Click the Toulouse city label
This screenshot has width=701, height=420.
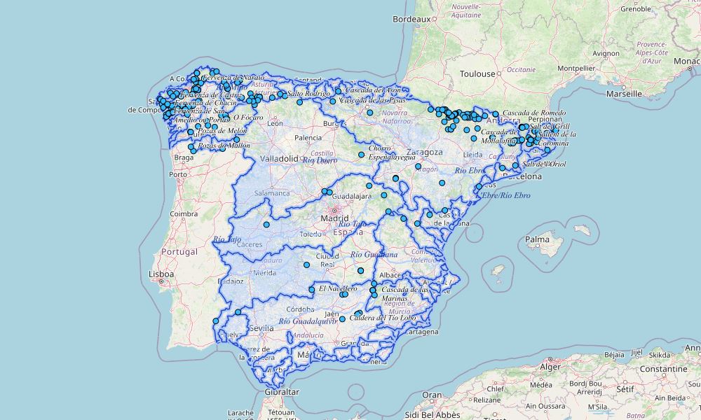point(477,73)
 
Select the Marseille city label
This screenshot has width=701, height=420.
point(624,93)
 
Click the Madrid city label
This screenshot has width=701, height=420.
point(334,218)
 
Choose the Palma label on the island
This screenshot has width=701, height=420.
point(538,239)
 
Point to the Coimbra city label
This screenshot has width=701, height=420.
point(184,213)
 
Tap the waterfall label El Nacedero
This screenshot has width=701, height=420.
point(338,288)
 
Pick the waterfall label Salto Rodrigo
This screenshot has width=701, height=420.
point(308,93)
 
